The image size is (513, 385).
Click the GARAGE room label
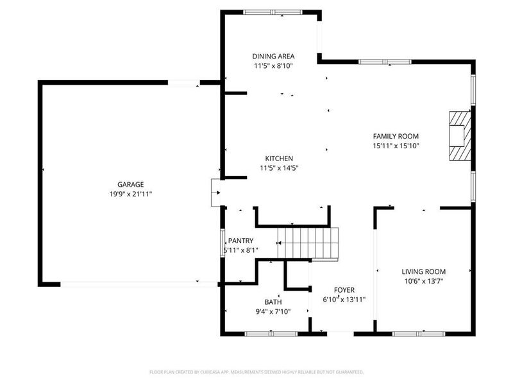130,184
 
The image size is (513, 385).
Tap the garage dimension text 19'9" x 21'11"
130,193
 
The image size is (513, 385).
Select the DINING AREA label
273,56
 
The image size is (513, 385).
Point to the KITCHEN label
280,158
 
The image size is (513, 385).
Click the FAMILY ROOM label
396,136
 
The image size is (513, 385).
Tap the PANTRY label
240,241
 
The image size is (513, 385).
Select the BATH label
273,302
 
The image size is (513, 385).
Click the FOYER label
344,290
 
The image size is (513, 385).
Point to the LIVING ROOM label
424,271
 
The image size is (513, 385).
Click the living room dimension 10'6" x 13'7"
424,280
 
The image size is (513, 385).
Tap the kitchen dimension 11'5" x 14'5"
280,167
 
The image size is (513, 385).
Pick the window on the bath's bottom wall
271,333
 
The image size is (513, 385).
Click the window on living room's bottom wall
419,333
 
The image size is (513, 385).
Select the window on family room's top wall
385,62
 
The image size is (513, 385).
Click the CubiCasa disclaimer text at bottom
256,372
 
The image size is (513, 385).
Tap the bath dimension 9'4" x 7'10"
273,311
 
